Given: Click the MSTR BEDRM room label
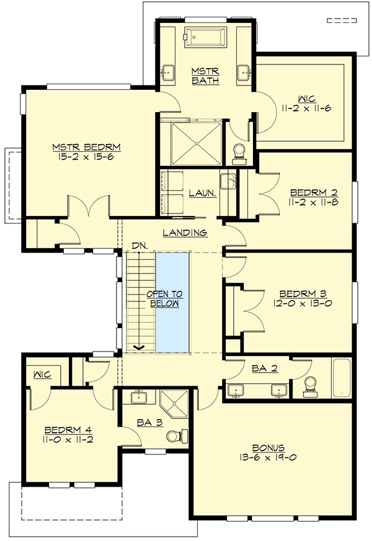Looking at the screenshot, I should [86, 147].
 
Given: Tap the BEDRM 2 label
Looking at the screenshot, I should [312, 192].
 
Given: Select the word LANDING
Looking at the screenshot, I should [185, 233].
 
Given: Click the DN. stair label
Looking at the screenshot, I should [139, 246].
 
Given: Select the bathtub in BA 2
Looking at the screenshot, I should [342, 378].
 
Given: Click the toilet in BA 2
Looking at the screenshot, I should [310, 386].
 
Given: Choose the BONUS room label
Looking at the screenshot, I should [268, 447].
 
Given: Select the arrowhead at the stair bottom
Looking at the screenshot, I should [141, 347].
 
